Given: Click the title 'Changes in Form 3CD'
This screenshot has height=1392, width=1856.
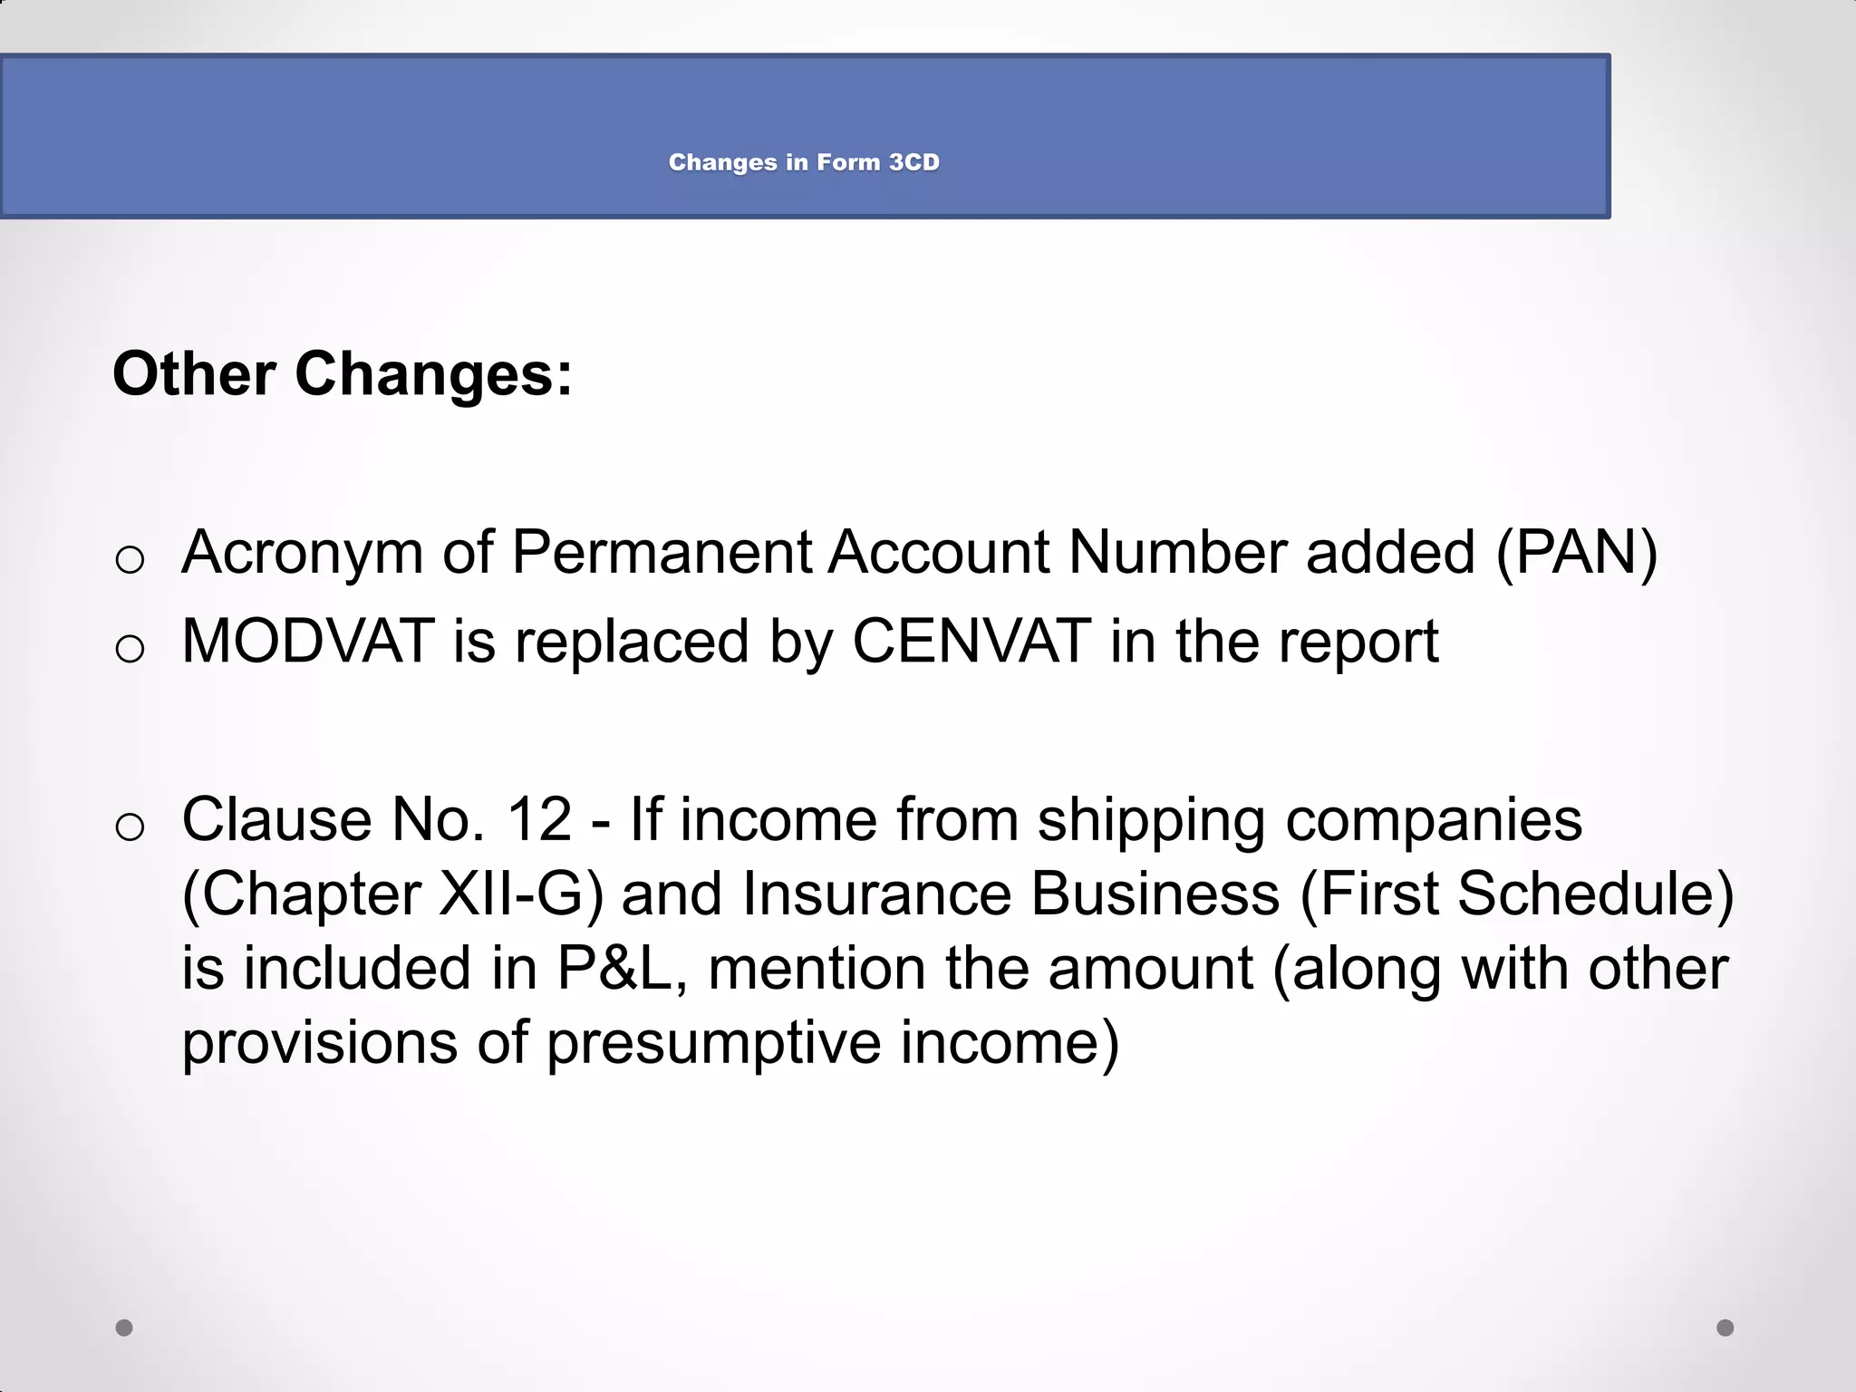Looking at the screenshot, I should pos(804,162).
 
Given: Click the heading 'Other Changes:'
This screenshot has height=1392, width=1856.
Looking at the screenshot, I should pos(343,373).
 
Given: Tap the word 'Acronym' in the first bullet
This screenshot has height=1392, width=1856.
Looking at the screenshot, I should pos(303,552).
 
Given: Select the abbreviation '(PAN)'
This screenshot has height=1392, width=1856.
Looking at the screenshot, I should pos(1576,552).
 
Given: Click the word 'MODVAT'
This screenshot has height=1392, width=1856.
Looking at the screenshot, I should pos(308,641).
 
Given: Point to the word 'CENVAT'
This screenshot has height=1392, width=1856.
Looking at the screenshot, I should pos(971,641).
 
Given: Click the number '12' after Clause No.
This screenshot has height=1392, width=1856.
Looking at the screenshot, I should pos(539,819).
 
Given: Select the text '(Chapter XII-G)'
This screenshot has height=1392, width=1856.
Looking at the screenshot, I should pos(392,894).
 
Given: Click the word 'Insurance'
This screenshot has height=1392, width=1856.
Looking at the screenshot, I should pos(875,894).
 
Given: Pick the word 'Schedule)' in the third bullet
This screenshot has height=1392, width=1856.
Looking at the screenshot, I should pos(1595,894).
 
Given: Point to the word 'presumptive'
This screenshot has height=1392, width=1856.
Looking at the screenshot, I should pos(713,1043).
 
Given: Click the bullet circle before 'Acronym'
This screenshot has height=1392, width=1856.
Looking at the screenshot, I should pos(130,559).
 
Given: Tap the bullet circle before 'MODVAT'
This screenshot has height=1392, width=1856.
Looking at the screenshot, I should pos(130,648).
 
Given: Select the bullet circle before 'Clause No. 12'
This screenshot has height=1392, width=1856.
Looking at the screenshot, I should pos(130,826).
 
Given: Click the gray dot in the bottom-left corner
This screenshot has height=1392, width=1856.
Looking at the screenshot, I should pos(124,1328).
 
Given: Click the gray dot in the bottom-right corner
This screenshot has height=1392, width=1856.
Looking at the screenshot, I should pos(1725,1328).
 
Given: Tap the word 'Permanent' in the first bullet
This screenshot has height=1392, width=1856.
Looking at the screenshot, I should pos(662,552).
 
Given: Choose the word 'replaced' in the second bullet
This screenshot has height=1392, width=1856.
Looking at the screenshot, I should pos(633,641).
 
